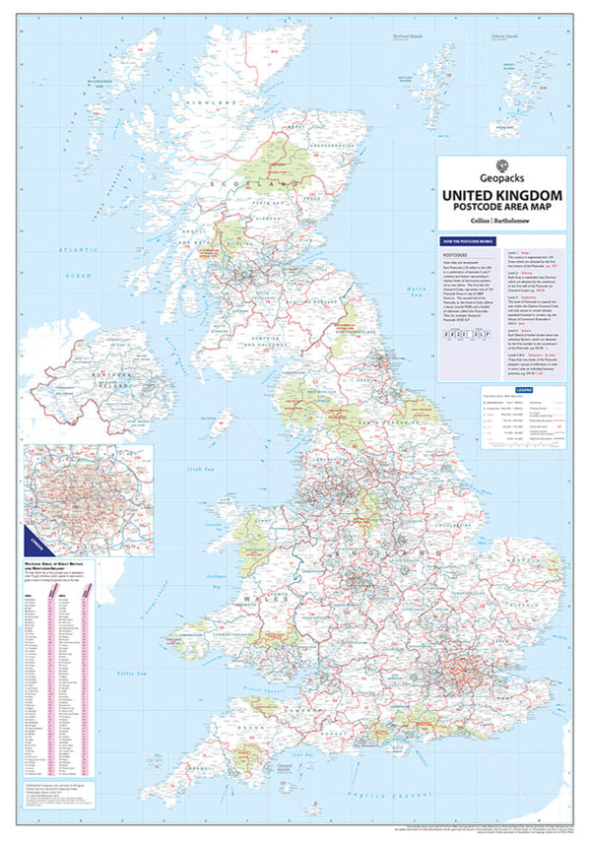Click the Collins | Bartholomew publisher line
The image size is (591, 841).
click(x=500, y=223)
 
